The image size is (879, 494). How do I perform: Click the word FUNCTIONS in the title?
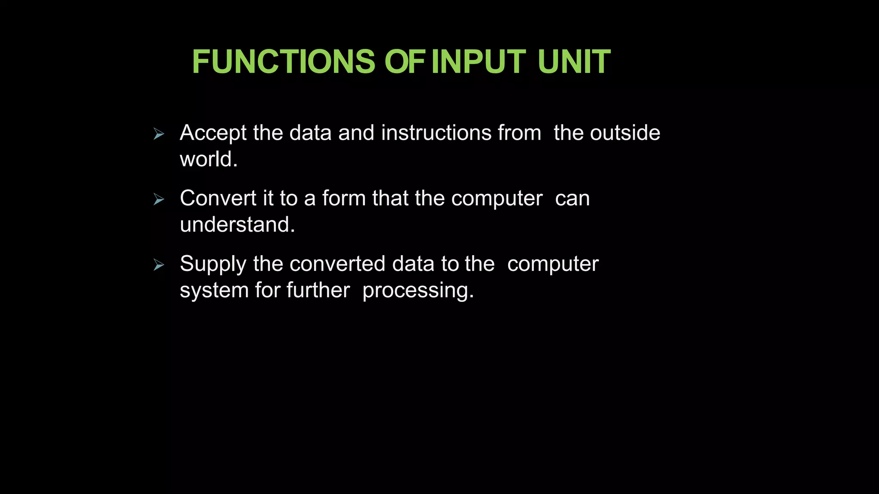284,62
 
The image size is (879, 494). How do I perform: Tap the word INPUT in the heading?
479,62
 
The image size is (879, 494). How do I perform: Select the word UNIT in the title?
574,62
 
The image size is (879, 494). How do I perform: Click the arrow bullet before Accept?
159,135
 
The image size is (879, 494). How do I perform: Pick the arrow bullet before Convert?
159,200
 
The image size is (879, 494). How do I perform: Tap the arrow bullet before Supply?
159,265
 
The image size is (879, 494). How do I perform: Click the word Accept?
213,133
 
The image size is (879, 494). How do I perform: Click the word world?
209,160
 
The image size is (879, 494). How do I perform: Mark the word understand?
237,225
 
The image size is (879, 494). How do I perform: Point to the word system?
214,291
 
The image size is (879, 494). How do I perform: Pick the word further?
318,290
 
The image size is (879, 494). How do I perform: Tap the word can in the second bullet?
573,199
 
